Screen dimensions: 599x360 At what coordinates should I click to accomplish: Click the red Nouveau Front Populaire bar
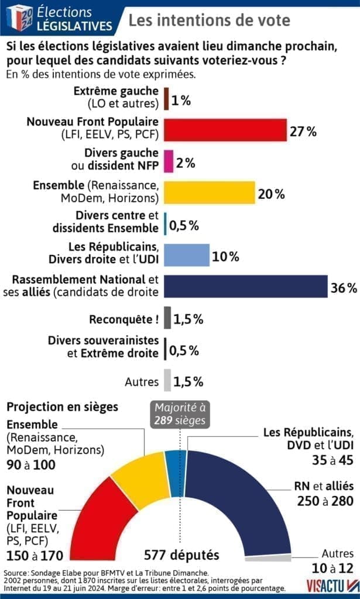225,130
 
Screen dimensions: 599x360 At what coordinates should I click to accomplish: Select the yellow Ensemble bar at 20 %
209,192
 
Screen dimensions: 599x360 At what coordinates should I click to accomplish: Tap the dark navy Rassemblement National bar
245,287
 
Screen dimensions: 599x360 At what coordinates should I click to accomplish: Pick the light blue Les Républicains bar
186,255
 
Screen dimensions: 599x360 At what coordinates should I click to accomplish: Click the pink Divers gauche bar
169,161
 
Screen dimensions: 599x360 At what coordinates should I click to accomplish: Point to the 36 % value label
344,288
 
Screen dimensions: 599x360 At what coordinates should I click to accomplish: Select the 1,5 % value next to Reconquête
188,319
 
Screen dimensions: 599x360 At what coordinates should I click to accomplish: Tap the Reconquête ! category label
124,319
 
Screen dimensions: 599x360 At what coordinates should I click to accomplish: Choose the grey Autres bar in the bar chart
167,381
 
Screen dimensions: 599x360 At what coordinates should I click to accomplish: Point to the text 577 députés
181,555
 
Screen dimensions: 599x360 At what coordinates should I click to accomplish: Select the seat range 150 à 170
35,555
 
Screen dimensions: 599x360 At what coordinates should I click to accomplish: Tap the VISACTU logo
332,585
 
